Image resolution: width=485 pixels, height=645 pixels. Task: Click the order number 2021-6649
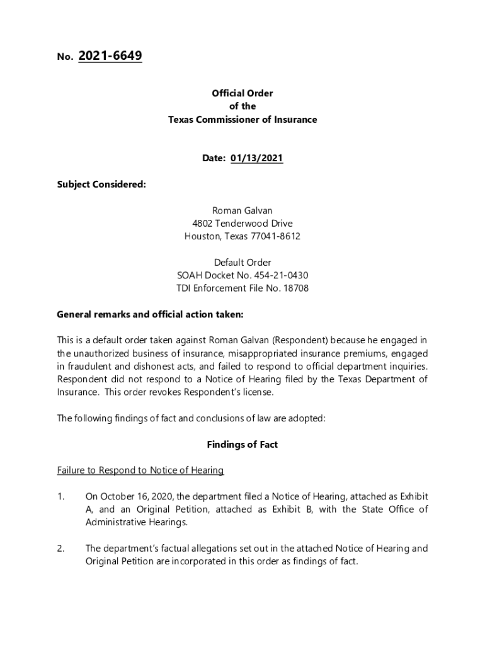point(110,56)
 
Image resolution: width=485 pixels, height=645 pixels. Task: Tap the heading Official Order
point(243,93)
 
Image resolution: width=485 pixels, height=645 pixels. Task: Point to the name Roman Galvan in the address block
point(243,210)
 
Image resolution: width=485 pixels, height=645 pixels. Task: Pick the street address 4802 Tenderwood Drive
point(243,224)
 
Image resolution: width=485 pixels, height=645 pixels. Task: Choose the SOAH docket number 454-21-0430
point(281,276)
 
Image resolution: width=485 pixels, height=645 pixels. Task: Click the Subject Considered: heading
point(101,185)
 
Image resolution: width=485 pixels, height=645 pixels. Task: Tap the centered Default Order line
point(243,263)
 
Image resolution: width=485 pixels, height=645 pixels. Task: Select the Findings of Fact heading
point(243,445)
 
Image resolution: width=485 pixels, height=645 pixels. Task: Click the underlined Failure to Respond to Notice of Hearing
point(140,471)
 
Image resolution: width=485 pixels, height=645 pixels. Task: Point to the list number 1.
point(60,497)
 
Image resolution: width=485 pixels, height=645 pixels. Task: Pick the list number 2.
point(60,549)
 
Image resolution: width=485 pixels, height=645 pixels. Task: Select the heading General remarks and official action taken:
point(150,314)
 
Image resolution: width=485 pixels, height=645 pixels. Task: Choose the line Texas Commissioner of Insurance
point(243,120)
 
